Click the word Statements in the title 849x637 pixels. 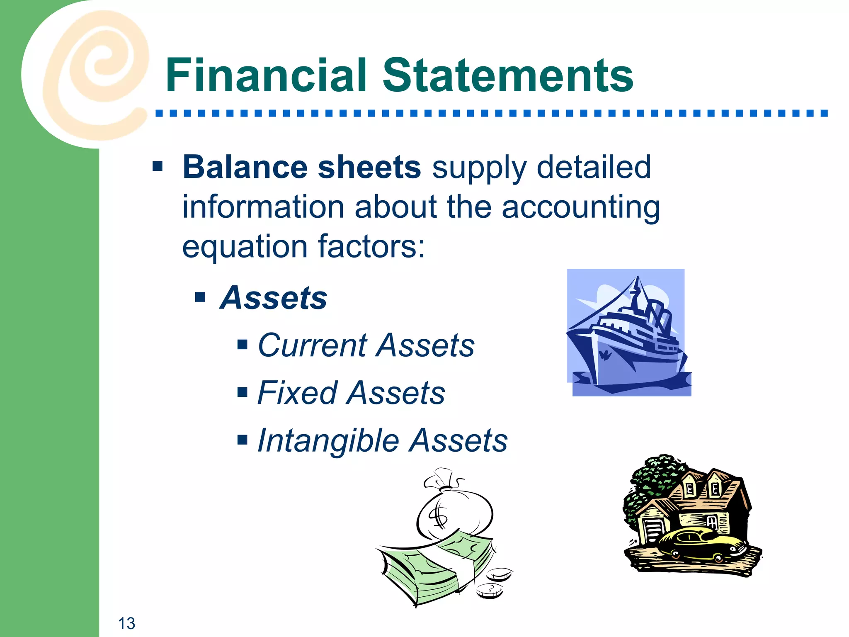[507, 75]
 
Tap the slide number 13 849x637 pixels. [126, 623]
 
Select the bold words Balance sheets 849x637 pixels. [302, 167]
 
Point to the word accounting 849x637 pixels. [580, 207]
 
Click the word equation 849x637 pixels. [244, 246]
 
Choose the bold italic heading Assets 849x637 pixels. [274, 298]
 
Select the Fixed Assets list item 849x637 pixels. [351, 393]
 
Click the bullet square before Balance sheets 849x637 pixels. [158, 167]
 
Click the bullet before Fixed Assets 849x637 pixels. [243, 392]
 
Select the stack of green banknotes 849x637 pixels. [435, 568]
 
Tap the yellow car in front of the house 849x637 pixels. [701, 543]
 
